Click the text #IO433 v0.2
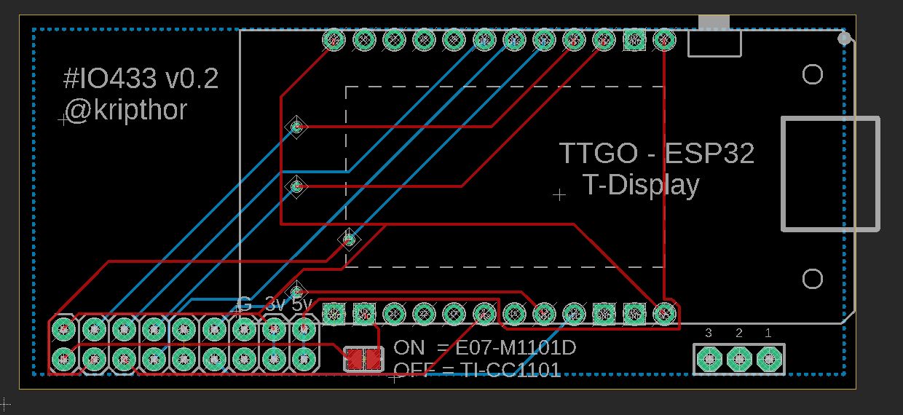[x=141, y=79]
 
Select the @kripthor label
[x=125, y=110]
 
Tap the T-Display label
[x=641, y=185]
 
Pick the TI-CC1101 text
[x=510, y=371]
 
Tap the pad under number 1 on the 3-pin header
[x=768, y=358]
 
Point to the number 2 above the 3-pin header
[x=738, y=333]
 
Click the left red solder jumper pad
[x=354, y=358]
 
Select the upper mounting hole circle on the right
[x=812, y=74]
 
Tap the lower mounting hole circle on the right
[x=812, y=278]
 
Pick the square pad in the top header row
[x=634, y=41]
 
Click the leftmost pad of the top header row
[x=334, y=41]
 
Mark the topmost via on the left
[x=296, y=127]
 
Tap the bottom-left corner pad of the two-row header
[x=63, y=358]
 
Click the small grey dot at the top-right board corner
[x=844, y=38]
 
